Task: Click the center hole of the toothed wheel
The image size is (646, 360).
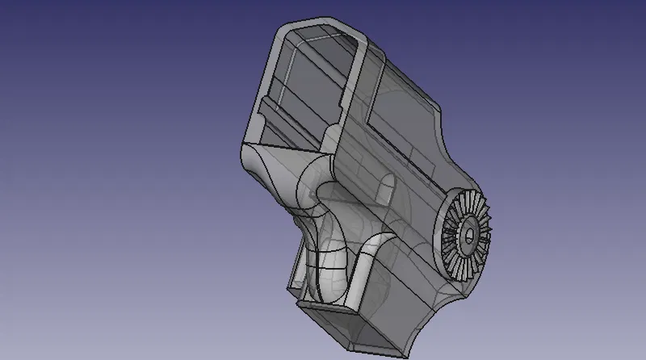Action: pos(468,235)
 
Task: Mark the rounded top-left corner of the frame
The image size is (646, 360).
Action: pos(279,31)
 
